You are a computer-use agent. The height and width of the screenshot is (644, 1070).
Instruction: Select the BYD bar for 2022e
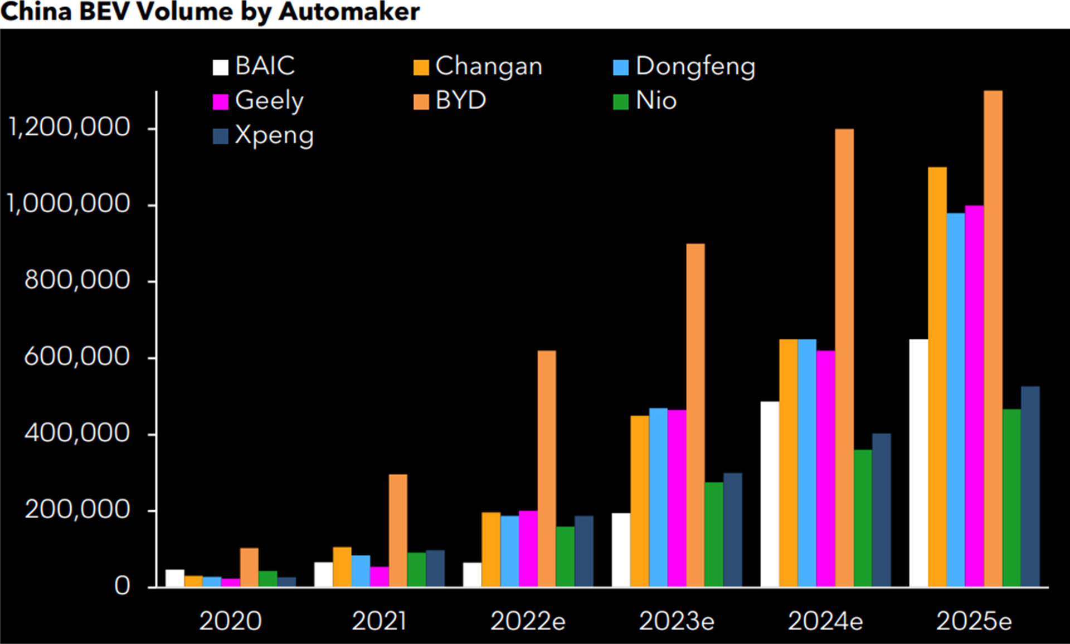(547, 468)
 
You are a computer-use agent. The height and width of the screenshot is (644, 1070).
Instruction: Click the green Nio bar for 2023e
(714, 534)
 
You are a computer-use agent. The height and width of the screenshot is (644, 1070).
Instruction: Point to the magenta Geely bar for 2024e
(825, 468)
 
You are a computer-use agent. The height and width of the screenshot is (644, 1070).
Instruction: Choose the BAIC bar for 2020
(174, 578)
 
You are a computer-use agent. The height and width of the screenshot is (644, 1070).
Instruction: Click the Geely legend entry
(259, 101)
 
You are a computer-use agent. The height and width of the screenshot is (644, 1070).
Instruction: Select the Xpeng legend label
(274, 135)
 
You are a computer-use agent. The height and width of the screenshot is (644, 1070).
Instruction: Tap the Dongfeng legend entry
(684, 66)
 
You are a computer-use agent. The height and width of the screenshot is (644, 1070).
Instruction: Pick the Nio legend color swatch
(620, 102)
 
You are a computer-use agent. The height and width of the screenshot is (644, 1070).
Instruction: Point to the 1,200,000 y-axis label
(69, 128)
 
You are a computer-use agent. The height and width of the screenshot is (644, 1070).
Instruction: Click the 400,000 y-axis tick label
(77, 433)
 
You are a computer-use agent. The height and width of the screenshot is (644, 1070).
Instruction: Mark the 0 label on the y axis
(122, 586)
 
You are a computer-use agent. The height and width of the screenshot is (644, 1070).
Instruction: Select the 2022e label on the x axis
(528, 621)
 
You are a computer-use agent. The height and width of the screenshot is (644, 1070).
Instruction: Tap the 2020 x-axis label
(230, 621)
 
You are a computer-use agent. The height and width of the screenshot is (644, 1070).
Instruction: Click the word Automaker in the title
(349, 12)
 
